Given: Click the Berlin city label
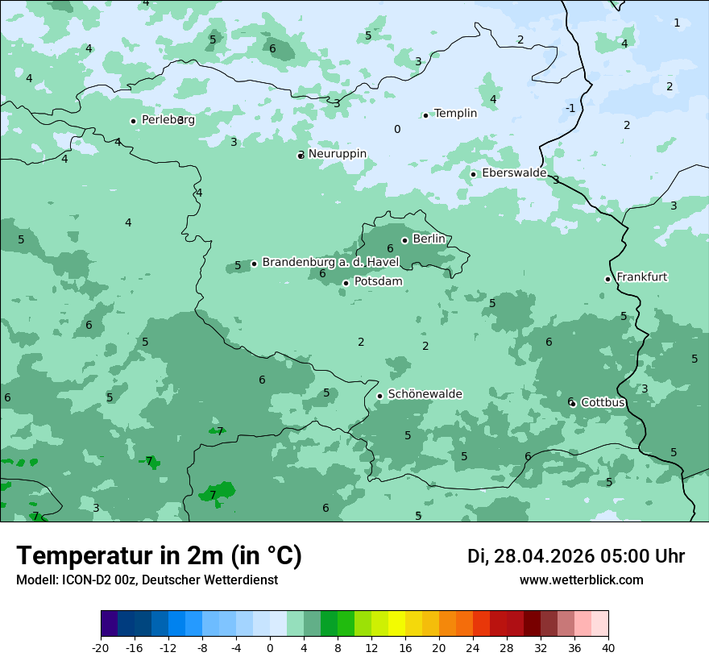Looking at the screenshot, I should tap(429, 239).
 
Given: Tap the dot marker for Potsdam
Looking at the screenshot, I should tap(346, 283).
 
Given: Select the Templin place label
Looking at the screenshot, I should tap(455, 114).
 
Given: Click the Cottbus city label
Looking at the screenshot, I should tap(603, 402).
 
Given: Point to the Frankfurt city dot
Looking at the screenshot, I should tap(607, 279).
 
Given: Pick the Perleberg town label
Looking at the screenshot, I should tap(168, 120).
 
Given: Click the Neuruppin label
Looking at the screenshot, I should tap(338, 154).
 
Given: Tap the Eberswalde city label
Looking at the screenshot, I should tap(514, 173).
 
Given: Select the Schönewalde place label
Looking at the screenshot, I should tap(425, 394).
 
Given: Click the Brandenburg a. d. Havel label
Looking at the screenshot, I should tap(330, 263).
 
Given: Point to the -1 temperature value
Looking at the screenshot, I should tap(570, 108).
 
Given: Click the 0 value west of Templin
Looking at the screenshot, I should tap(396, 129).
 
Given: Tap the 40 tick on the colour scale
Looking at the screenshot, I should tap(608, 647).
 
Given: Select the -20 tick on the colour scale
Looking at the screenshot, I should tap(101, 647).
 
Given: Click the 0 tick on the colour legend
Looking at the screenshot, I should tap(270, 647).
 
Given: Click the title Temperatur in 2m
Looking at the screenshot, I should tap(159, 555).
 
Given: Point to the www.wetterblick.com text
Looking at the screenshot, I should tap(581, 580).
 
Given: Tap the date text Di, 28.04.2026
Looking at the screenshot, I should tap(531, 556).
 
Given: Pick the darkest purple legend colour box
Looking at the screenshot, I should tap(109, 624).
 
